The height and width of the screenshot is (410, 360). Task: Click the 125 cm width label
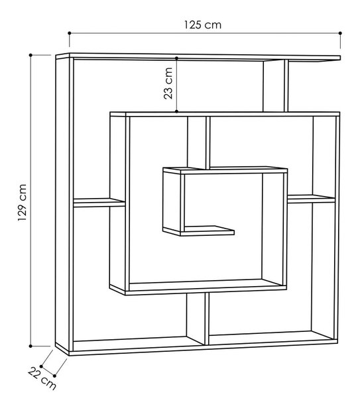coord(203,25)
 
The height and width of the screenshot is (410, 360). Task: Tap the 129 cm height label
coord(23,203)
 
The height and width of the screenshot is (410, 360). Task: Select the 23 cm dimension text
coord(168,83)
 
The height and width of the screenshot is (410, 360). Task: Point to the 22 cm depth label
coord(42,378)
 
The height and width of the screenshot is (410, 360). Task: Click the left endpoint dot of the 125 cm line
coord(70,33)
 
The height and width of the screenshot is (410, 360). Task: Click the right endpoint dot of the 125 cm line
coord(340,33)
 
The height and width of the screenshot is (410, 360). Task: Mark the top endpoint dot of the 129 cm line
coord(30,55)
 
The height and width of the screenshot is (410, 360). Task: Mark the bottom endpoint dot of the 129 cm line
coord(30,346)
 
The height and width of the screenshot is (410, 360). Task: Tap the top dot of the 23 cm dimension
coord(177,58)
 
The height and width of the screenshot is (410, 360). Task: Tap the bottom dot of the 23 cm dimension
coord(177,111)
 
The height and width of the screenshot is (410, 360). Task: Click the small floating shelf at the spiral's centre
coord(207,230)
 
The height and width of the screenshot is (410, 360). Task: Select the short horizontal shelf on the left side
coord(99,203)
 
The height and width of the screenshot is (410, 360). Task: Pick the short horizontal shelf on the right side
coord(311,199)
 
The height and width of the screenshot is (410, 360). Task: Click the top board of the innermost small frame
coord(225,170)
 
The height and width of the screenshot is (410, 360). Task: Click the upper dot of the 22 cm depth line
coord(41,366)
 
